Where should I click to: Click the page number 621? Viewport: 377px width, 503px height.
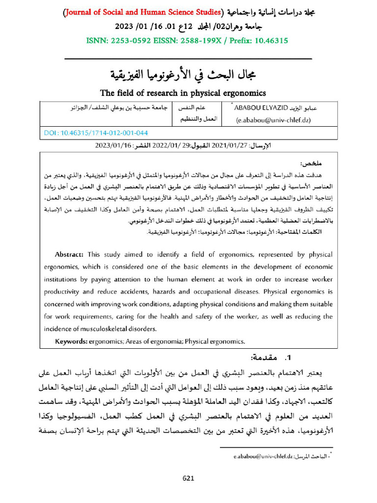(189, 478)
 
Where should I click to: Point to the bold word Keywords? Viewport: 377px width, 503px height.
(71, 341)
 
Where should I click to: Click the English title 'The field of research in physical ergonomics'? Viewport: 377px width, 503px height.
(183, 92)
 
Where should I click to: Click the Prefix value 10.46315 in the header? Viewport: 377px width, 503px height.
(269, 40)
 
